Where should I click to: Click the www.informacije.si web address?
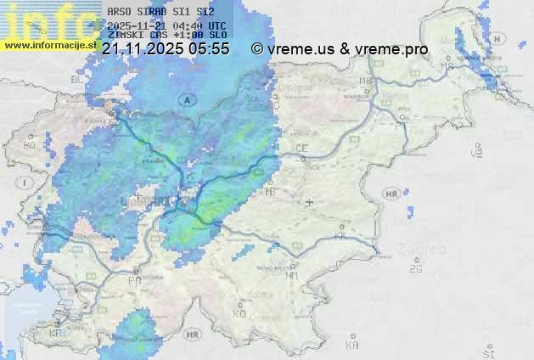click(48, 46)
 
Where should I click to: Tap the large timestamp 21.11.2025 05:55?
click(165, 49)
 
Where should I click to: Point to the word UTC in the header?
click(216, 26)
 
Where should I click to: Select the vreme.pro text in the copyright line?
click(392, 49)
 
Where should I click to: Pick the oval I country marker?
click(27, 183)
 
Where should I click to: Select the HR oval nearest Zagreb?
click(391, 194)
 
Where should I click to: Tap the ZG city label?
click(415, 269)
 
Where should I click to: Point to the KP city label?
click(55, 334)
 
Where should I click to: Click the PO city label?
click(133, 279)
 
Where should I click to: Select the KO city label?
click(239, 313)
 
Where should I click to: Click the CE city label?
click(301, 149)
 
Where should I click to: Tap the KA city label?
click(352, 345)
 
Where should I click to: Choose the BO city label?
click(30, 145)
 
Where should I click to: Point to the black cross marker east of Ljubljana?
click(309, 202)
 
